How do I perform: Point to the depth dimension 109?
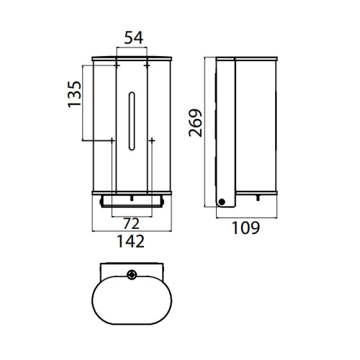(245, 228)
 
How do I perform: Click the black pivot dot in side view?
(222, 202)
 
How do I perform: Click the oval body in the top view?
(130, 302)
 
